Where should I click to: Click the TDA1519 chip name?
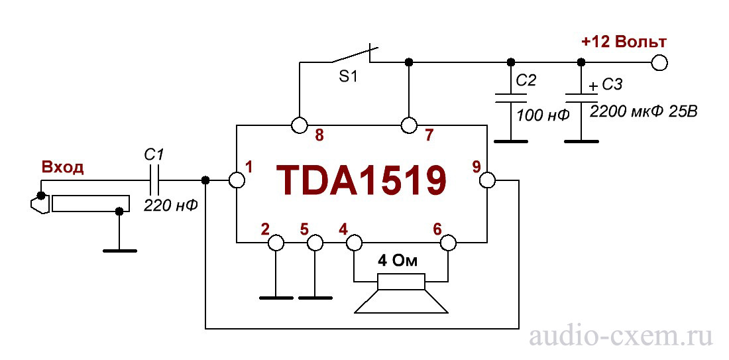tap(361, 180)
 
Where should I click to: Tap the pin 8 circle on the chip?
tap(299, 125)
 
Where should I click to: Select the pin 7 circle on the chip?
tap(409, 125)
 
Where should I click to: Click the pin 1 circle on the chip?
tap(237, 180)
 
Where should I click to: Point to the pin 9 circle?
tap(487, 180)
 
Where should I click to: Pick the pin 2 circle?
tap(275, 243)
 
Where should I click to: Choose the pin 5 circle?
tap(314, 243)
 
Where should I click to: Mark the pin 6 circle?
tap(449, 243)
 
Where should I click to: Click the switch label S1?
tap(348, 78)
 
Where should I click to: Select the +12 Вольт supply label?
tap(624, 42)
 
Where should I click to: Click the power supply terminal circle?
tap(659, 63)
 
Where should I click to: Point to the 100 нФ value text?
tap(543, 115)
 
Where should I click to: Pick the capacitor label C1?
tap(154, 155)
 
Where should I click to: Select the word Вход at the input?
tap(63, 166)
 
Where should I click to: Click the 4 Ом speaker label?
tap(398, 261)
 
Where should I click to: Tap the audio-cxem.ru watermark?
tap(620, 337)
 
